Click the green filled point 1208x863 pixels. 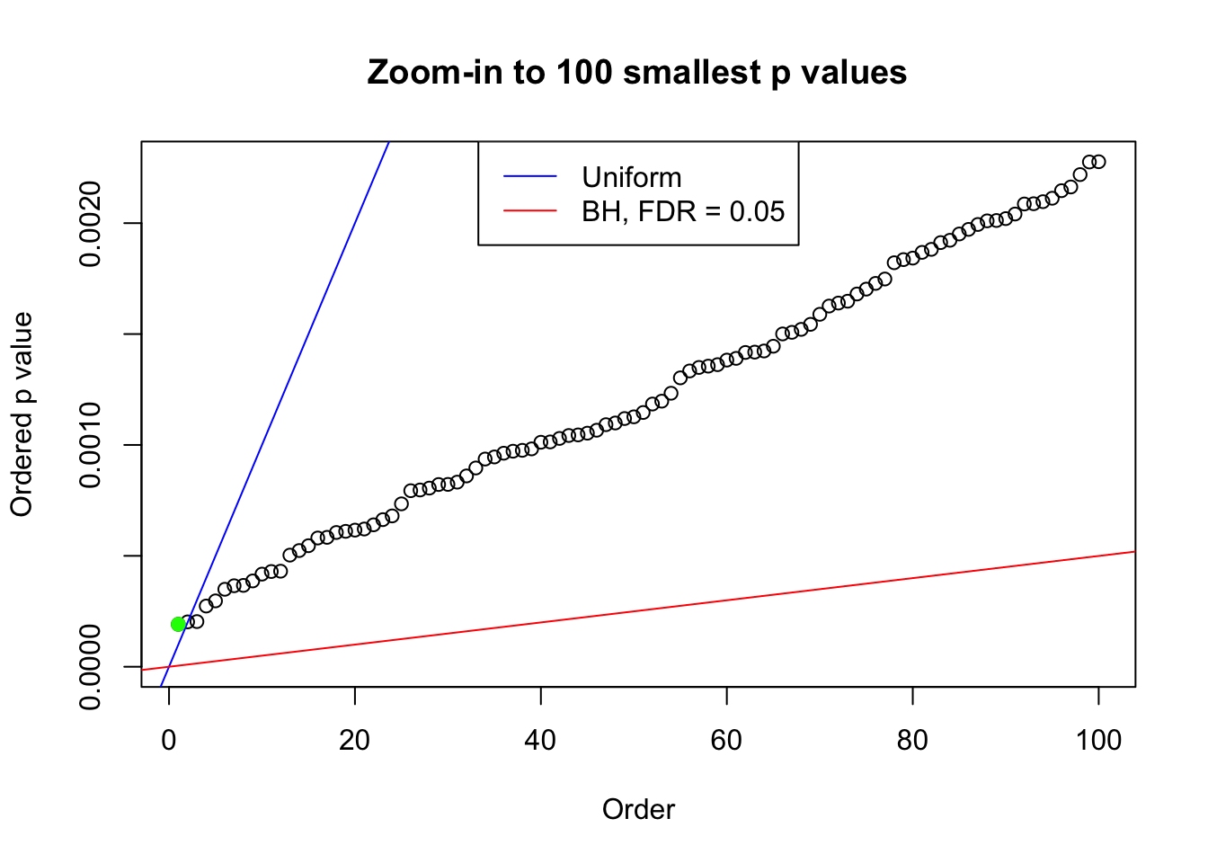click(178, 624)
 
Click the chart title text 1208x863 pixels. click(636, 72)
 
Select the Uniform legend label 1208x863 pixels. click(631, 177)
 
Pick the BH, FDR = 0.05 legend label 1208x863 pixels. click(683, 211)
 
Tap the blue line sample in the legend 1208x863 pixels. click(529, 177)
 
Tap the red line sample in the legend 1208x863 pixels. click(529, 211)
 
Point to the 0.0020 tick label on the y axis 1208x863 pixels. click(91, 223)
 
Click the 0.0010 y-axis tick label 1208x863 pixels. click(91, 445)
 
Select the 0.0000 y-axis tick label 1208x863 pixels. click(91, 667)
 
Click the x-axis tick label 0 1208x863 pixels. click(169, 740)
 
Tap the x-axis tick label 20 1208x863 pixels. click(355, 740)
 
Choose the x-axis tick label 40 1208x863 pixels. click(541, 740)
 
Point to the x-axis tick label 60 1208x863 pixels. click(726, 740)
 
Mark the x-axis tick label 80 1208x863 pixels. click(912, 740)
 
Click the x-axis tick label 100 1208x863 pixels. click(1098, 740)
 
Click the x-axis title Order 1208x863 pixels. click(638, 809)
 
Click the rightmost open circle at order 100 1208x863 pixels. click(1098, 162)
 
